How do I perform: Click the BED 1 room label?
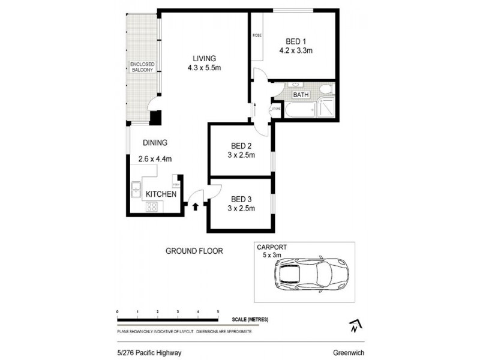295,41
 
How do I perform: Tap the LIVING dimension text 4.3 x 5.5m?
204,68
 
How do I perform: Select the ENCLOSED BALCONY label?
143,67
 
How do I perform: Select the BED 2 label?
241,146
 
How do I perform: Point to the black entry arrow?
196,206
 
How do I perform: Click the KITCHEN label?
161,194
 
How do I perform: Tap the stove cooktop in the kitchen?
152,207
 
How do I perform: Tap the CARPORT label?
271,247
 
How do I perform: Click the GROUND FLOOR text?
194,251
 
